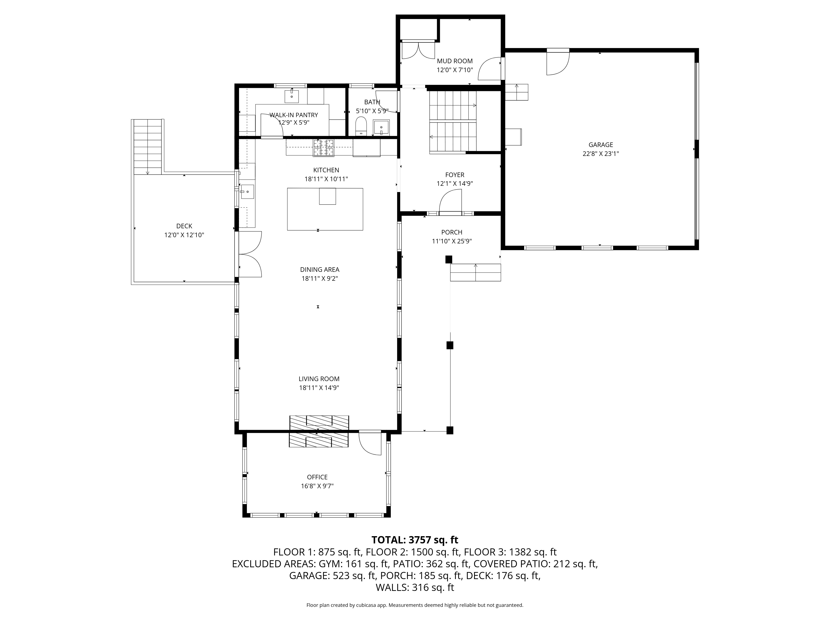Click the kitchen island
325,209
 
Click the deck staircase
148,147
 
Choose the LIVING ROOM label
319,379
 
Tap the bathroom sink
381,128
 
